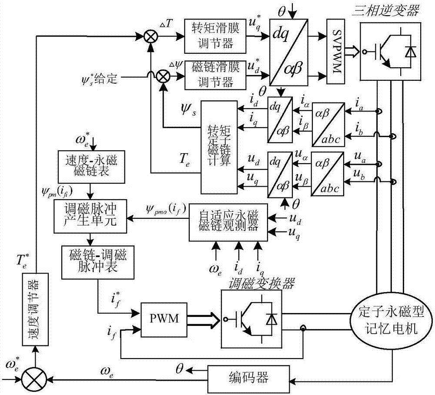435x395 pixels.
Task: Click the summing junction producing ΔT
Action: click(151, 37)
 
